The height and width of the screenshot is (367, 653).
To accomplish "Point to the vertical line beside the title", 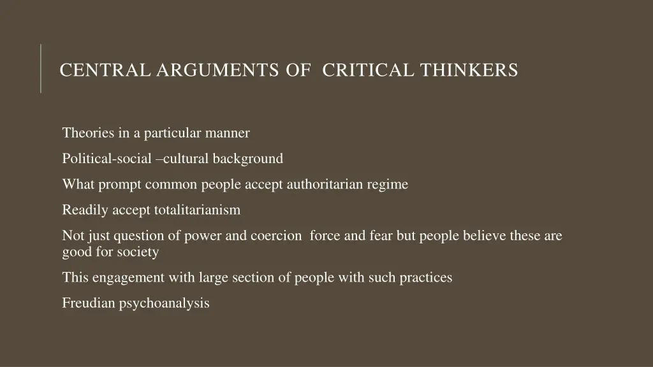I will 41,68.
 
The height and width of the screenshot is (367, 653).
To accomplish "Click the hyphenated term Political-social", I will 106,159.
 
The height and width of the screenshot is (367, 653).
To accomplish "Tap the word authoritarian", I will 325,185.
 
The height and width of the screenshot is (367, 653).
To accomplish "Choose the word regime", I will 387,185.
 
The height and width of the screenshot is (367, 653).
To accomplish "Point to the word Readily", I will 82,210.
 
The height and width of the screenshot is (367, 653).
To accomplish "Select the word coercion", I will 276,236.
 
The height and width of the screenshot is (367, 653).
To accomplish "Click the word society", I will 138,252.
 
